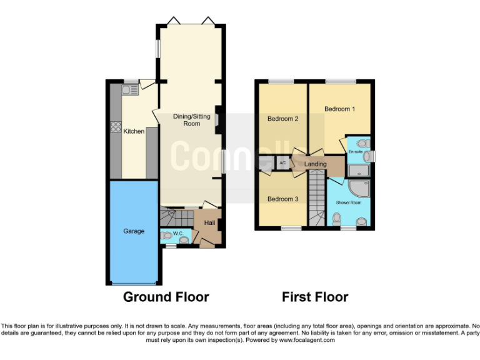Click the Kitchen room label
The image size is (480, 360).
tap(134, 131)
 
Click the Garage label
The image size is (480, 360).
tap(134, 231)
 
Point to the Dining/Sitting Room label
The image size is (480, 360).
tap(192, 119)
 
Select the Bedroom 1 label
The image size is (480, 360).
tap(339, 109)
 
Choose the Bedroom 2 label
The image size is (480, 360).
tap(282, 119)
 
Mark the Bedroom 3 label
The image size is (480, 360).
tap(282, 199)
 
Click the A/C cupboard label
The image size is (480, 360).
tap(282, 163)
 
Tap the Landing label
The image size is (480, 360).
tap(316, 164)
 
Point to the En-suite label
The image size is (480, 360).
tap(356, 152)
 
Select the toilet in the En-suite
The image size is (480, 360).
tap(357, 143)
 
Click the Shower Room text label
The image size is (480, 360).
tap(348, 202)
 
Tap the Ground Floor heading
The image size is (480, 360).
tap(166, 297)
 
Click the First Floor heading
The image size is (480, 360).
tap(314, 297)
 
